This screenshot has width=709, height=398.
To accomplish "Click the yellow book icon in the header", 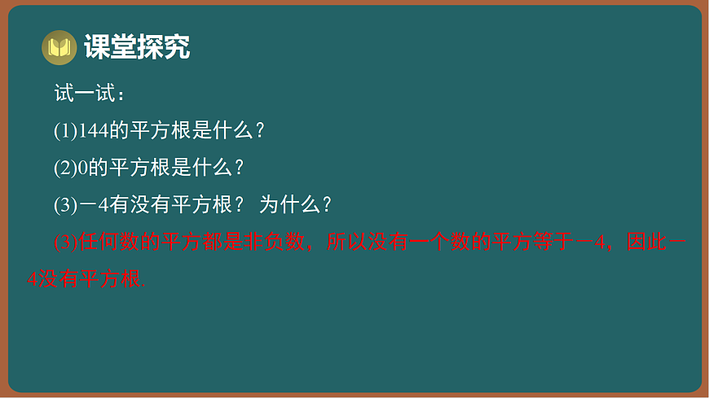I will click(59, 48).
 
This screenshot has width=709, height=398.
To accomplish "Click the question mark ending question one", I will click(260, 131).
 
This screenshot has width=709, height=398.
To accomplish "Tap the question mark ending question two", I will click(239, 168).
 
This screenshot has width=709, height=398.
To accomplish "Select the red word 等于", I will click(553, 243).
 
